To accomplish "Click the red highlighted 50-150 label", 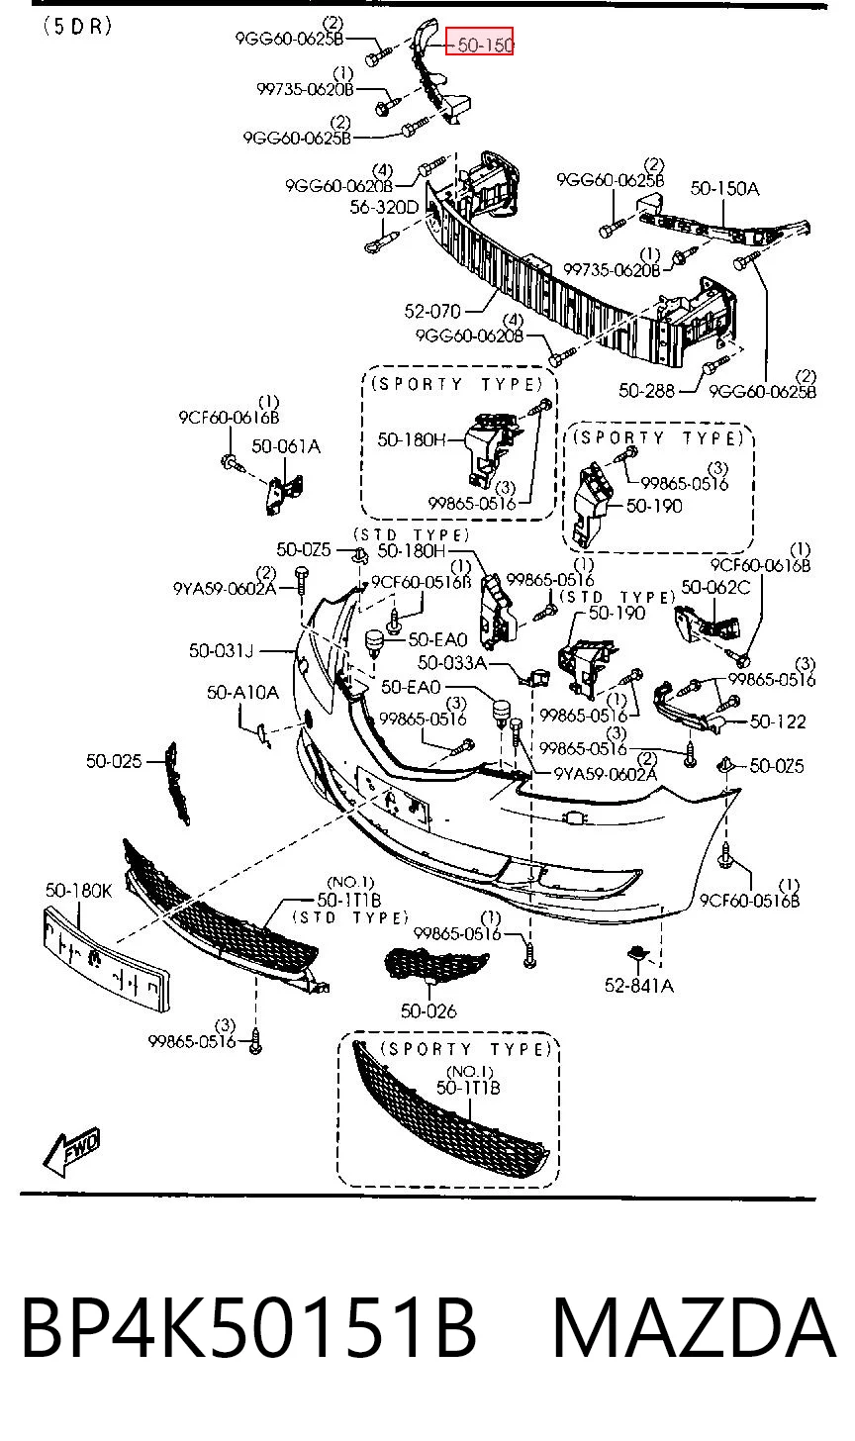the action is [x=479, y=42].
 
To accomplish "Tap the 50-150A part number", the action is [x=724, y=188].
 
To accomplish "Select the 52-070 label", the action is [x=432, y=312].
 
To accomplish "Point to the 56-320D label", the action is [x=384, y=207].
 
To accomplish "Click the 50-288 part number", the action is [x=646, y=391].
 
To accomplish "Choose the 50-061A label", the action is [x=286, y=446].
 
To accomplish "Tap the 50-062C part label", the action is [x=715, y=587].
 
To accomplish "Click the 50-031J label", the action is [x=222, y=651].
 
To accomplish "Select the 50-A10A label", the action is [x=242, y=693].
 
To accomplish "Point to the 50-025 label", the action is [x=114, y=762].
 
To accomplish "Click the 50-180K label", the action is [x=78, y=891].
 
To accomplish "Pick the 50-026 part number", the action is [x=428, y=1011].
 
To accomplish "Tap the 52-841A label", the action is [x=639, y=986].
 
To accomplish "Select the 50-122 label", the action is [x=778, y=721].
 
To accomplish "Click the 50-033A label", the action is [x=452, y=663].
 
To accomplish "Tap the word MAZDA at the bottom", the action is [x=694, y=1328].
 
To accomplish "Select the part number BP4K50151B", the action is [x=249, y=1328].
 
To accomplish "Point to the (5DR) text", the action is [x=77, y=26].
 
